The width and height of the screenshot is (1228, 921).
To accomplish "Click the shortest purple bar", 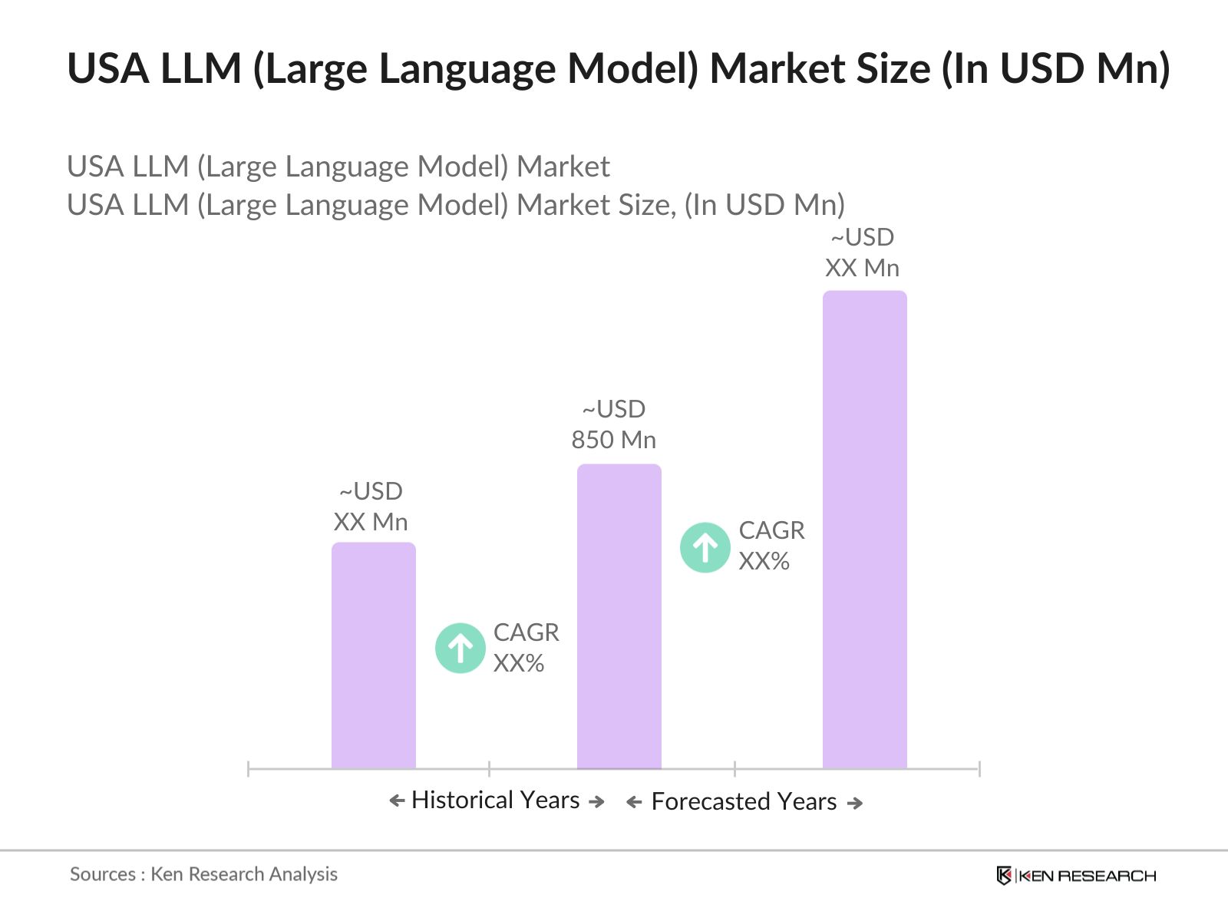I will [374, 655].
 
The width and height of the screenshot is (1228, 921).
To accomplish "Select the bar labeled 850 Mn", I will [619, 616].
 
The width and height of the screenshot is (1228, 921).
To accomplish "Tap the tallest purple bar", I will [865, 530].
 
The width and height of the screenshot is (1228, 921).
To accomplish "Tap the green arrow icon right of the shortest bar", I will [460, 648].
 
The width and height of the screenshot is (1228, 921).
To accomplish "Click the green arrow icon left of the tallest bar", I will [705, 547].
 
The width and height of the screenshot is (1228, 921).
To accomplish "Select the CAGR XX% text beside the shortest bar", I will [526, 648].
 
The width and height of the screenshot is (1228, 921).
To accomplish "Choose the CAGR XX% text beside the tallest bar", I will [771, 546].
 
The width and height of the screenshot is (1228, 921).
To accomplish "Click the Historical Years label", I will [496, 800].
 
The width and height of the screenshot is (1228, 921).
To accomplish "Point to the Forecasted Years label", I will [744, 801].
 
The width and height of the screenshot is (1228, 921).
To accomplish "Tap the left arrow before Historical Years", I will [397, 801].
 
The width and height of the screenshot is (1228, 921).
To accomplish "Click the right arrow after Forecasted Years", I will [855, 803].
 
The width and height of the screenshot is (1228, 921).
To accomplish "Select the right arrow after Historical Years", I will [596, 801].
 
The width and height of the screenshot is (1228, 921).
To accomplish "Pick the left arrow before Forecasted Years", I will [634, 803].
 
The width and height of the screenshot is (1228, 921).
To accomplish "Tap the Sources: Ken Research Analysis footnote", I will [203, 874].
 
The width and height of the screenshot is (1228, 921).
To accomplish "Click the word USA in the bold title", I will [108, 68].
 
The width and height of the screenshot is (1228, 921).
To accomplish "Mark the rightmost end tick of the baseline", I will [979, 768].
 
